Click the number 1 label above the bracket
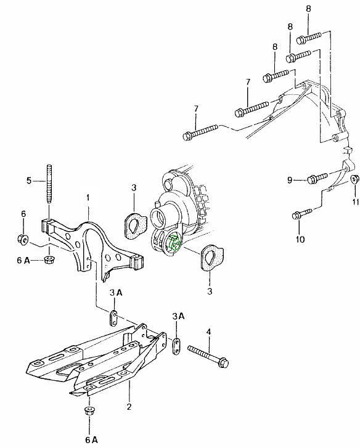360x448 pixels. [88, 197]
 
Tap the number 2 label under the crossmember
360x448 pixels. [129, 406]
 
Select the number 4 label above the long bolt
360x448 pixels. [208, 332]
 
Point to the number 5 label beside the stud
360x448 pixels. [29, 181]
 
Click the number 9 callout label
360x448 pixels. [290, 181]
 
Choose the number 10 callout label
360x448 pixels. [300, 239]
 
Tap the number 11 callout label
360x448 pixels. [355, 202]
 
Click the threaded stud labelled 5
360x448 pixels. [49, 184]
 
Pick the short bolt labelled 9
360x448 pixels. [317, 177]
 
